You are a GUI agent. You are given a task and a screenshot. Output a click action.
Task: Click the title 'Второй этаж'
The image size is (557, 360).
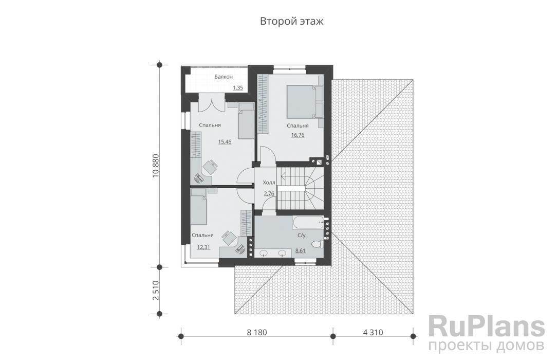[x=292, y=22]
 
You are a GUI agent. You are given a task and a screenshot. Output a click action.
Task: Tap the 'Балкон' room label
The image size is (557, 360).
[x=224, y=77]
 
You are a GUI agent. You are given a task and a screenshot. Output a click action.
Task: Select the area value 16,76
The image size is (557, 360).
[x=298, y=135]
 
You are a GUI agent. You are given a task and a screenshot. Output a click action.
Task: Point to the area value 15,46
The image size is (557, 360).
[x=225, y=142]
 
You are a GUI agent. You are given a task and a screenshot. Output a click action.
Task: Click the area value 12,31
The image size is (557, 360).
[x=203, y=247]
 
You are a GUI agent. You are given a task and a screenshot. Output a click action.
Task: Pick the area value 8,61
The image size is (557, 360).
[x=301, y=251]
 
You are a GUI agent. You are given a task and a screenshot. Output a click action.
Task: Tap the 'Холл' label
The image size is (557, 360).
[x=269, y=183]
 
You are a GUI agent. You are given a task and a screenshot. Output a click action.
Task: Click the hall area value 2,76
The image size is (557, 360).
[x=269, y=194]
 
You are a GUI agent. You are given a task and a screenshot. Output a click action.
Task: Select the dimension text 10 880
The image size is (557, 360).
[x=156, y=166]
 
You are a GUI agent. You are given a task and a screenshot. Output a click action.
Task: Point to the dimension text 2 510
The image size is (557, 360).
[x=156, y=291]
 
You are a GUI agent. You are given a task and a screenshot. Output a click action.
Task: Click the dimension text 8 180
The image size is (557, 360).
[x=256, y=332]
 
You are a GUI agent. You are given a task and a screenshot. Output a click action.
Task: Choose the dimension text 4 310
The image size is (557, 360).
[x=373, y=332]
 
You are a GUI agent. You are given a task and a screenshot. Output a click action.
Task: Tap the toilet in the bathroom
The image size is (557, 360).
[x=317, y=244]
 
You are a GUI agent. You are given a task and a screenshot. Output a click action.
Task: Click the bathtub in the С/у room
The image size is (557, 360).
[x=308, y=223]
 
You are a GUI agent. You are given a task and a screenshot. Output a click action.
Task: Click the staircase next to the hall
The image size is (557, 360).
[x=301, y=189]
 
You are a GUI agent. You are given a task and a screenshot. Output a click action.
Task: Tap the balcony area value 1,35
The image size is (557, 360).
[x=238, y=87]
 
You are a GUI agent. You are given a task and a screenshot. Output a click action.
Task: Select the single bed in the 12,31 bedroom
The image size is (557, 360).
[x=198, y=207]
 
